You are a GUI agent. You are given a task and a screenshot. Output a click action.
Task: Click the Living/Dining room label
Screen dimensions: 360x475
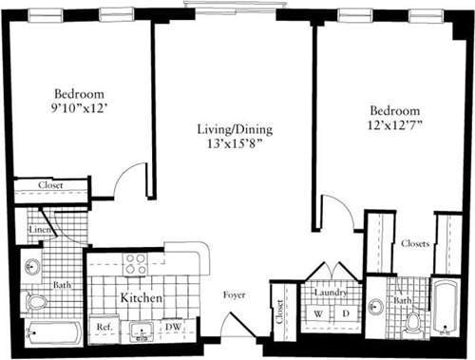pos(231,128)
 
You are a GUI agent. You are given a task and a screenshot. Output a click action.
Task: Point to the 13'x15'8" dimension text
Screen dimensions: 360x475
pos(231,143)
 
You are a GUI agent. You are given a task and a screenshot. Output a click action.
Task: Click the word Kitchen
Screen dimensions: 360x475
pos(142,298)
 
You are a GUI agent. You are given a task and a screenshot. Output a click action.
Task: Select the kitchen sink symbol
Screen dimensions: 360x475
pos(143,330)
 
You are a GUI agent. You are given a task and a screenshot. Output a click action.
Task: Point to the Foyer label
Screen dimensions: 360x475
pos(235,295)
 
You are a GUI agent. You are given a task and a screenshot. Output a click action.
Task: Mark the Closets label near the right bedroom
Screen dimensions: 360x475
pos(414,243)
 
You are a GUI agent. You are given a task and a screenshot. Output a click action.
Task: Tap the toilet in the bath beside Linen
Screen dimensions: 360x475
pos(36,302)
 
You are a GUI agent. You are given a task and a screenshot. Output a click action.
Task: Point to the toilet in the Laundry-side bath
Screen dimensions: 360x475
pos(413,322)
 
